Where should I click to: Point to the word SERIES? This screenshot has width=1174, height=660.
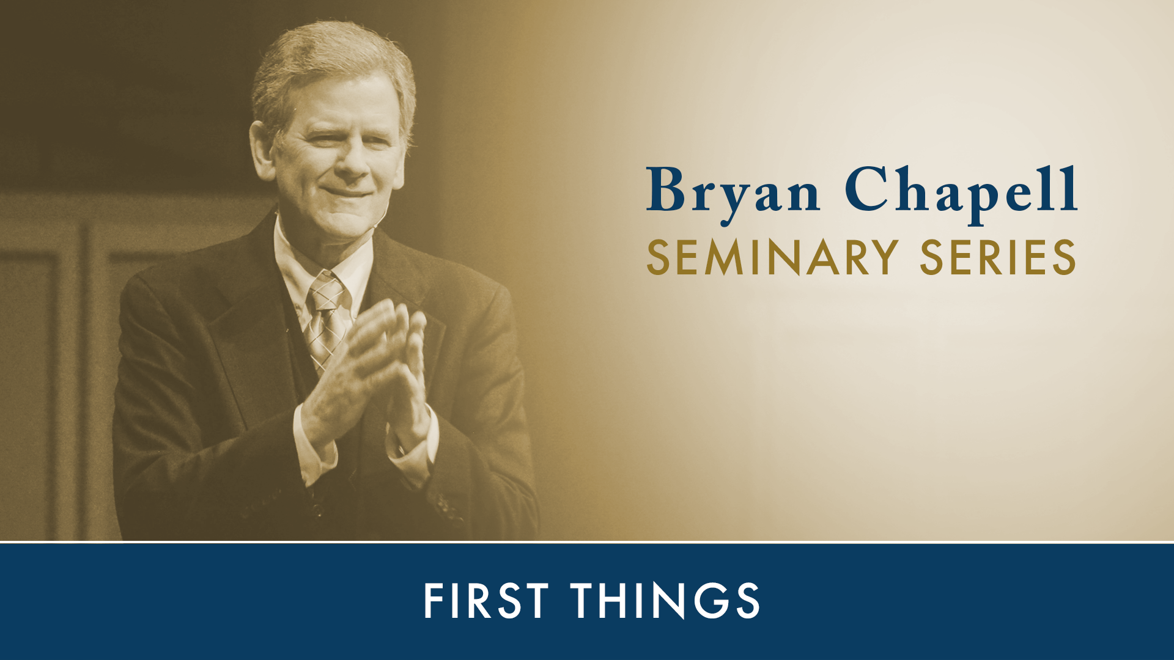(x=997, y=257)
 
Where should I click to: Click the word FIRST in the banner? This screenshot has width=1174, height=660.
(x=486, y=601)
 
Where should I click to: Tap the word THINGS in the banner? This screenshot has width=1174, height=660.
(x=665, y=601)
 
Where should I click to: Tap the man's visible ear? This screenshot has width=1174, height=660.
(x=262, y=150)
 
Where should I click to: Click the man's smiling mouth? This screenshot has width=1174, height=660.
(x=349, y=193)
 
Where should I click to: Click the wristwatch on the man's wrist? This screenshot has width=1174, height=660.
(x=401, y=449)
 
